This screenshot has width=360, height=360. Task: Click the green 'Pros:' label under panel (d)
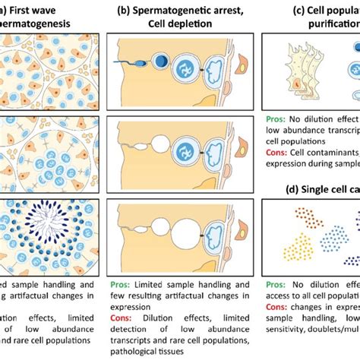tap(277, 287)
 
